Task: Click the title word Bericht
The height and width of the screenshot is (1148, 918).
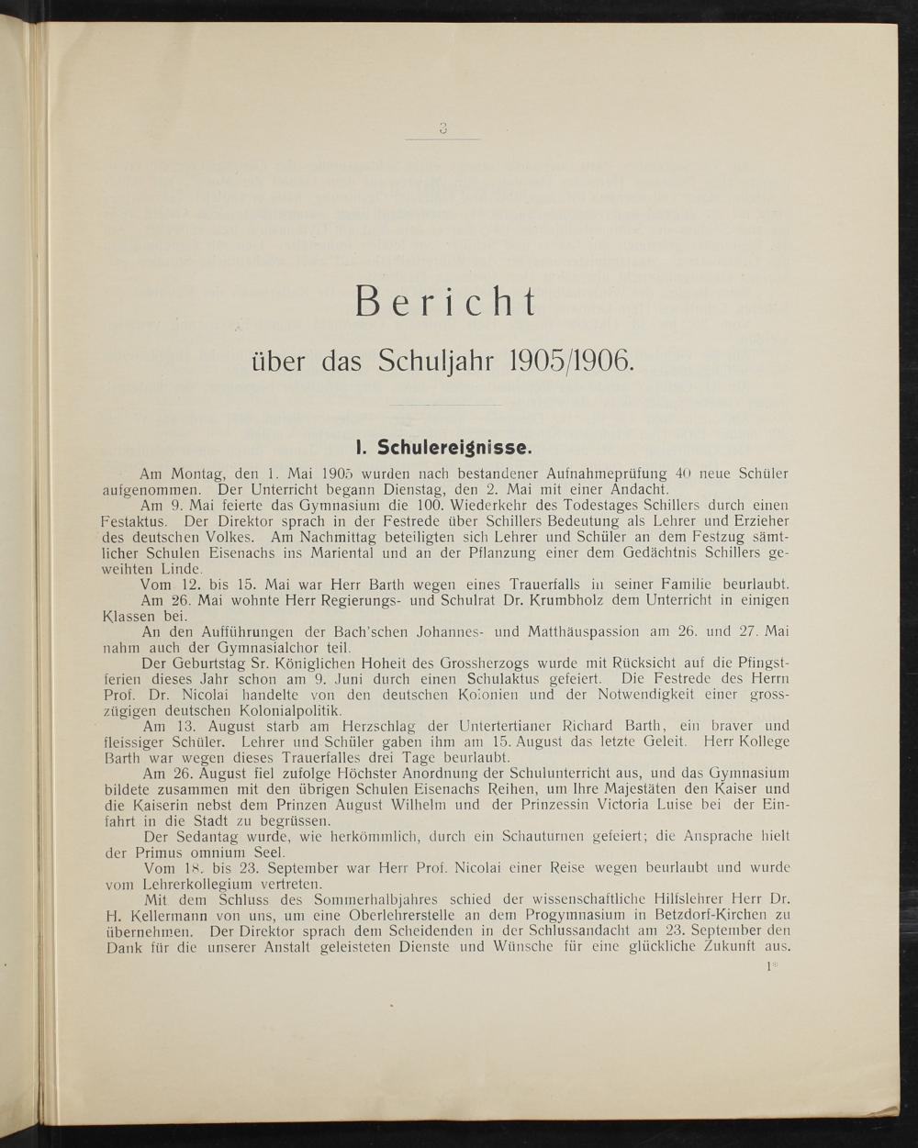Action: click(x=445, y=303)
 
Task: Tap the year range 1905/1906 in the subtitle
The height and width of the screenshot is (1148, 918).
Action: click(x=569, y=360)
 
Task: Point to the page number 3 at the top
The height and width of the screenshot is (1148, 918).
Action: click(x=442, y=129)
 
